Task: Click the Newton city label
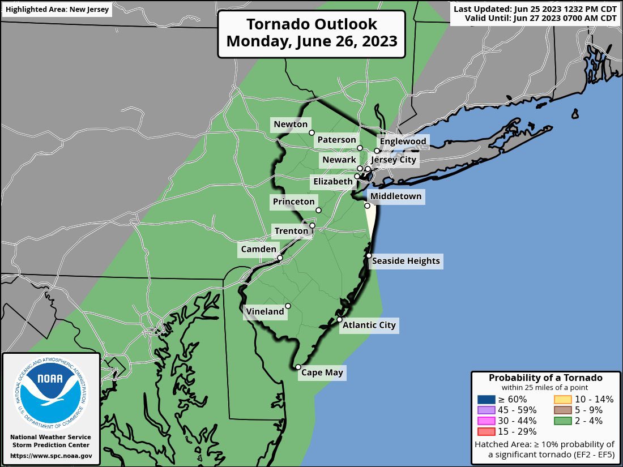point(291,125)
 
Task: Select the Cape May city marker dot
point(298,367)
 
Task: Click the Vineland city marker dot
point(288,306)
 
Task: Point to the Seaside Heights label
point(406,261)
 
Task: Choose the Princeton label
point(293,202)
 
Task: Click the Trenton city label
point(291,231)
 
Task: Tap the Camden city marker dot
point(280,258)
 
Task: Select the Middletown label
point(396,196)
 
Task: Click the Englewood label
point(403,141)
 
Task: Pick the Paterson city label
point(336,140)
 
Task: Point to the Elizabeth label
point(332,182)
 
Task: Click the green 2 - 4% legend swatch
point(562,421)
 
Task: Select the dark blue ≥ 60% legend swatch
point(487,399)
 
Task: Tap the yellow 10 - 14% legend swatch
point(562,399)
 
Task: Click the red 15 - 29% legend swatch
point(487,432)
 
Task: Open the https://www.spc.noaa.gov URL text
point(51,456)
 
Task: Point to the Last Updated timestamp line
point(535,9)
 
